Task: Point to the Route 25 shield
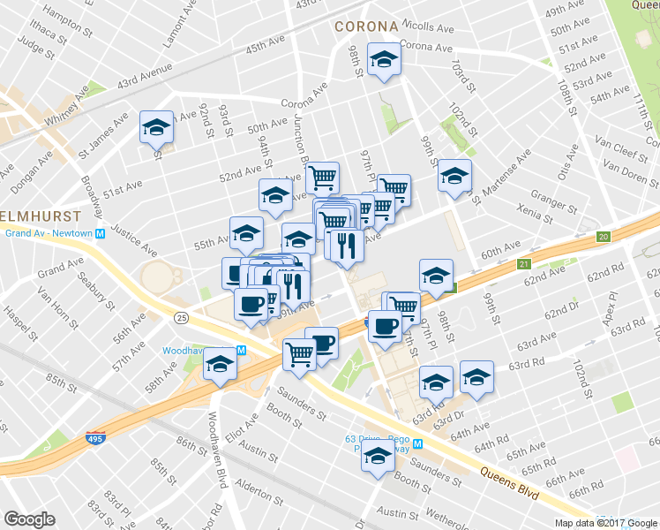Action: coord(181,316)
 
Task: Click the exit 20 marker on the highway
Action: coord(604,237)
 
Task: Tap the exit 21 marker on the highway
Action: coord(523,265)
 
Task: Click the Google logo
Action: coord(30,519)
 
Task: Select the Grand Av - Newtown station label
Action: coord(49,233)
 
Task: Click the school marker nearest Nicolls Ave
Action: coord(383,59)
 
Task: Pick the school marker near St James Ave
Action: coord(156,127)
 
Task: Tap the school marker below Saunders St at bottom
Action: coord(379,457)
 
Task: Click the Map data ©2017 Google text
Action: coord(605,522)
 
